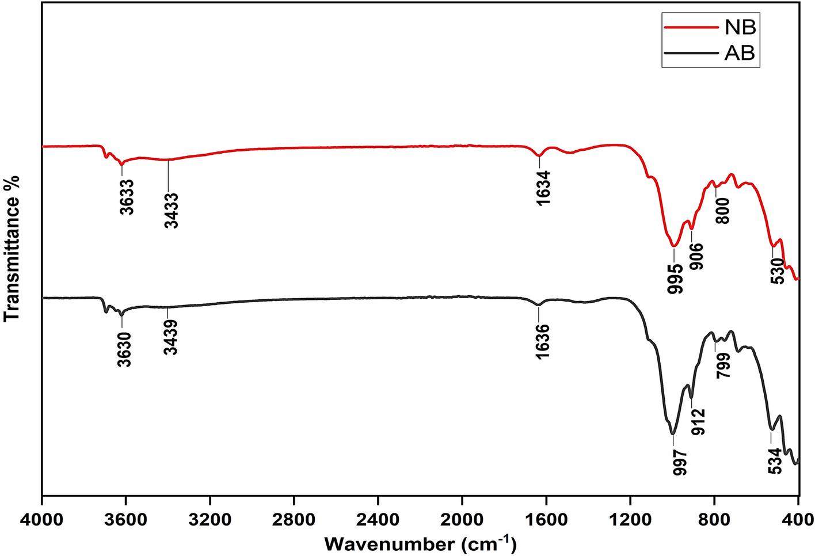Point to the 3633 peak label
pyautogui.click(x=127, y=197)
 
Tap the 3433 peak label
pyautogui.click(x=172, y=211)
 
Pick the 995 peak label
pyautogui.click(x=676, y=279)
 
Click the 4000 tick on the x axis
pyautogui.click(x=42, y=516)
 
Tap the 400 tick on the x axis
pyautogui.click(x=798, y=516)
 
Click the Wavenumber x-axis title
pyautogui.click(x=420, y=543)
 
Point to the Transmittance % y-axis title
pyautogui.click(x=12, y=248)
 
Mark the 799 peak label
pyautogui.click(x=723, y=365)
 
